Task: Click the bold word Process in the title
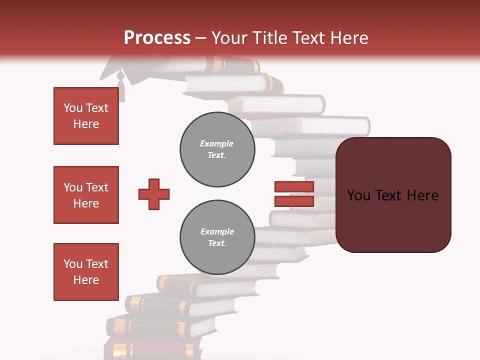pyautogui.click(x=157, y=38)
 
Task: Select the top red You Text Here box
pyautogui.click(x=86, y=116)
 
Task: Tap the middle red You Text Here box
pyautogui.click(x=86, y=195)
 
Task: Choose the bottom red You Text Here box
pyautogui.click(x=86, y=272)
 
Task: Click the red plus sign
pyautogui.click(x=154, y=194)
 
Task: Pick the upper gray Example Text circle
pyautogui.click(x=217, y=149)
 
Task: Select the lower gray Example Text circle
pyautogui.click(x=217, y=237)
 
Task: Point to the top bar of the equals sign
pyautogui.click(x=294, y=187)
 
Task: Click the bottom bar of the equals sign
pyautogui.click(x=294, y=201)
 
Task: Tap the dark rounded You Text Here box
pyautogui.click(x=393, y=195)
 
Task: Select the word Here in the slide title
pyautogui.click(x=349, y=38)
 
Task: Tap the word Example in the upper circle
pyautogui.click(x=217, y=143)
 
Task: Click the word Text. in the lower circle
pyautogui.click(x=217, y=243)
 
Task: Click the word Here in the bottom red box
pyautogui.click(x=86, y=280)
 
